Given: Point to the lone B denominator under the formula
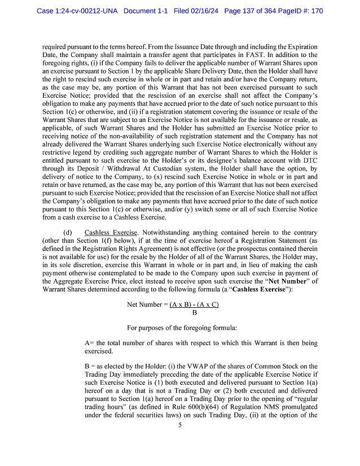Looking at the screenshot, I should (195, 312).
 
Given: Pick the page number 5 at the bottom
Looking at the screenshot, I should (179, 440).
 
